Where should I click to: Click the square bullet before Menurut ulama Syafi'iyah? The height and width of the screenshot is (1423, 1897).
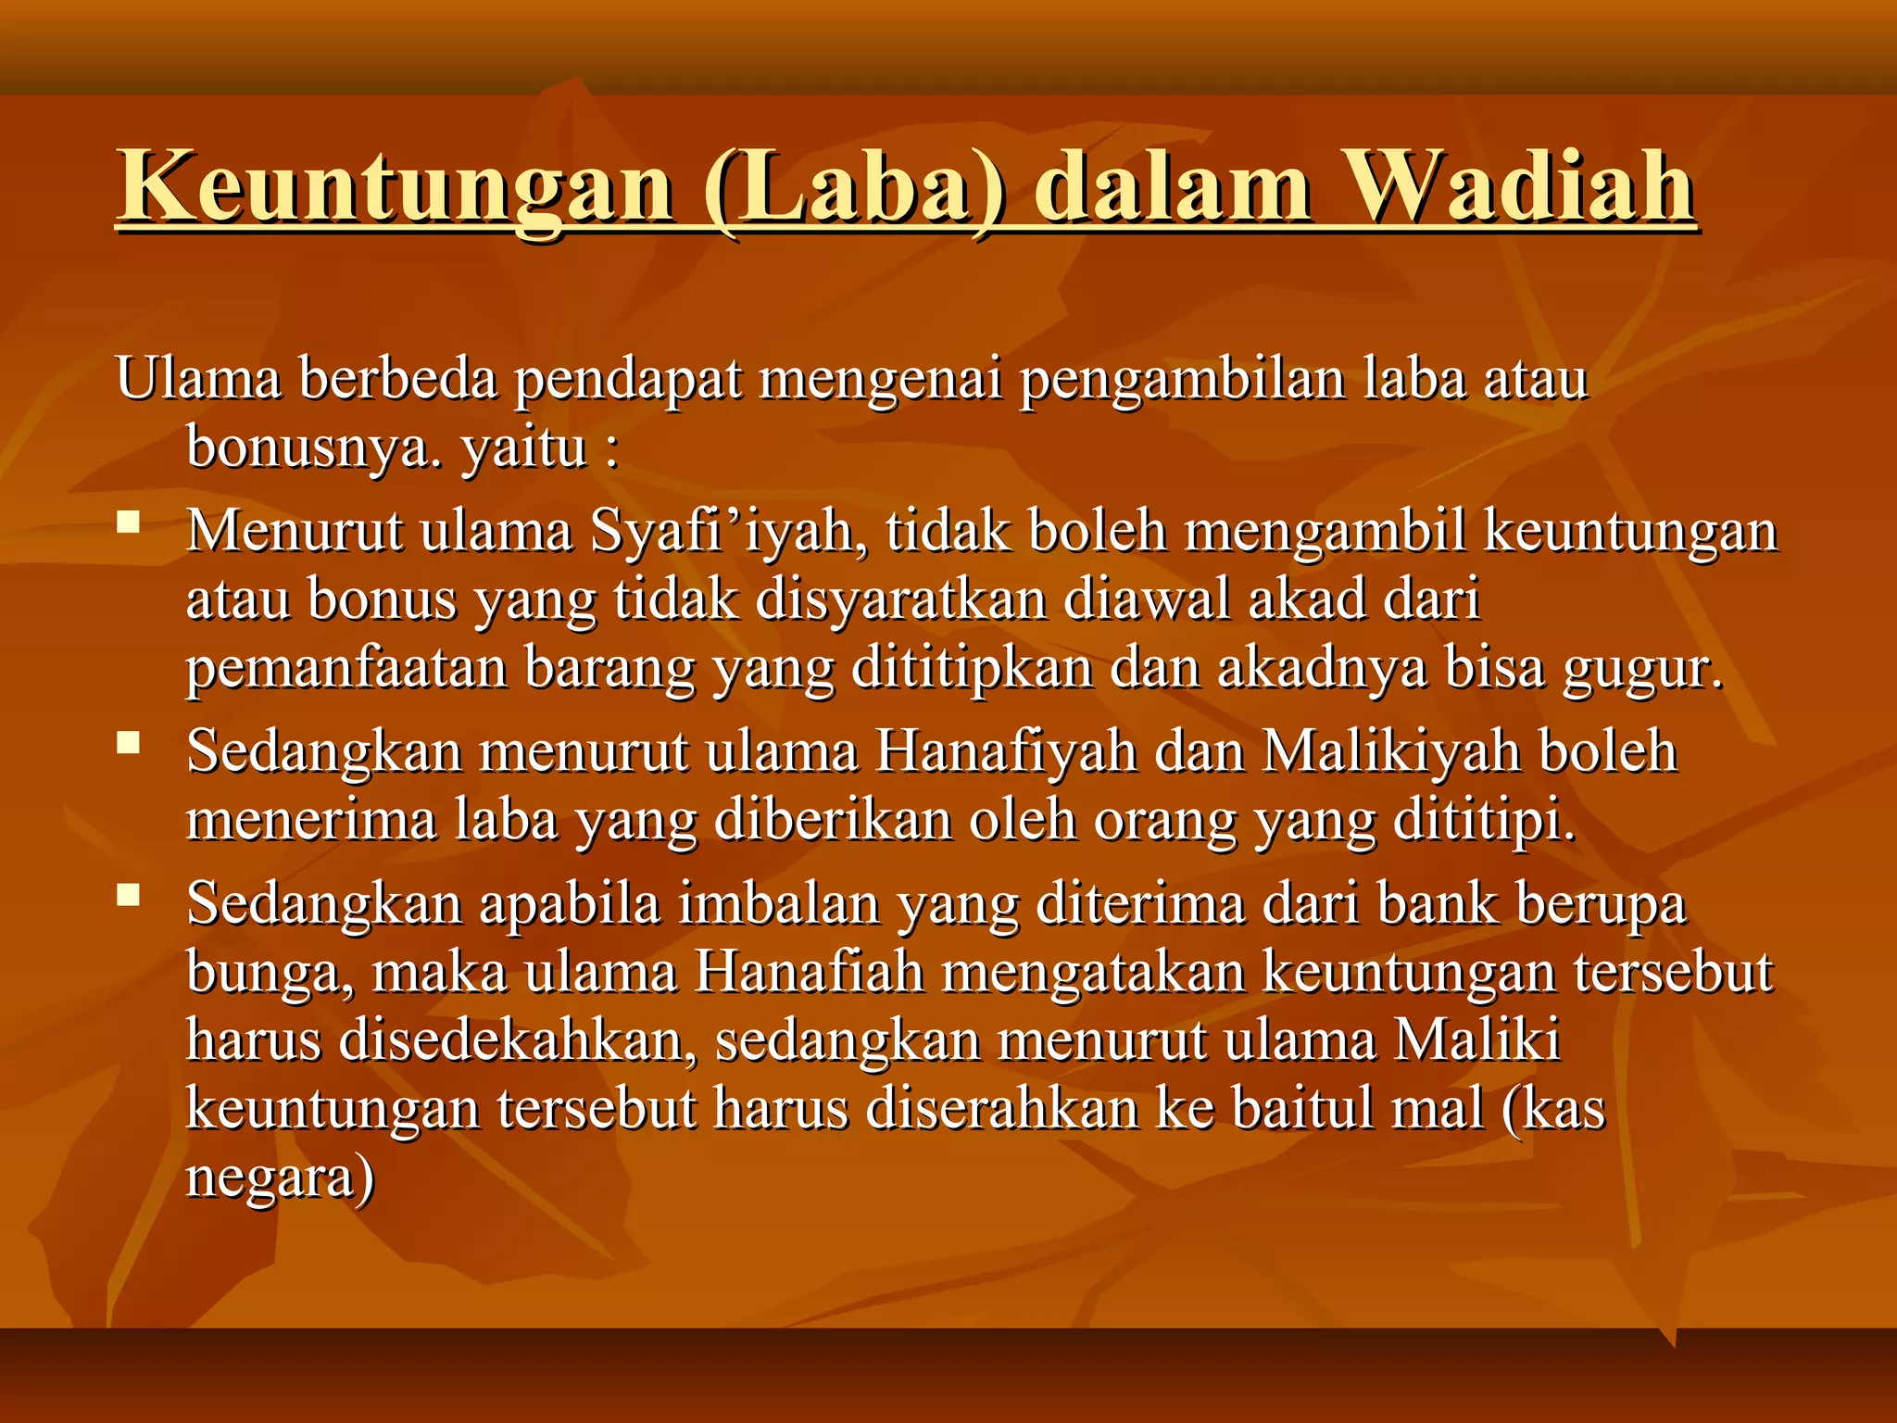tap(128, 523)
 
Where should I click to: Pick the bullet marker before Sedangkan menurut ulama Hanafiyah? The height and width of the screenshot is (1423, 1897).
tap(128, 743)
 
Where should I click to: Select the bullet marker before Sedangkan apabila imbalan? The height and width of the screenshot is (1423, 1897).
tap(128, 895)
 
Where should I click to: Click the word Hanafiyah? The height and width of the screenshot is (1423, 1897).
tap(1006, 751)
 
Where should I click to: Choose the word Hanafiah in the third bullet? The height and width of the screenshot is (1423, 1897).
tap(810, 972)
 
